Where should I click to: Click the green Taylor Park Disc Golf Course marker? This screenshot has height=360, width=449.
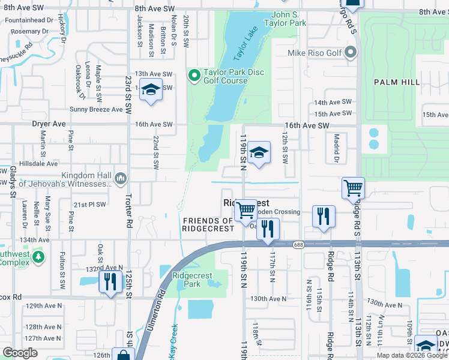pyautogui.click(x=194, y=76)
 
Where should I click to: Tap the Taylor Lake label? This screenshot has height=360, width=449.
pyautogui.click(x=245, y=43)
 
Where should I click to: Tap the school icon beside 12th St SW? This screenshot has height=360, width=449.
pyautogui.click(x=259, y=153)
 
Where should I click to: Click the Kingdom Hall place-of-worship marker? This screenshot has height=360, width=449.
pyautogui.click(x=121, y=177)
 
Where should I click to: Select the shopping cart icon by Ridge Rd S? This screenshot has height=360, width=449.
pyautogui.click(x=353, y=188)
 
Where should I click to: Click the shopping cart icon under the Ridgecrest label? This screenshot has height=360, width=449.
pyautogui.click(x=246, y=210)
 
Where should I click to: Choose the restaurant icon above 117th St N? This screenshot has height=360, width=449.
pyautogui.click(x=268, y=228)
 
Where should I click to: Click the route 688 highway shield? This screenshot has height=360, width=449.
pyautogui.click(x=298, y=244)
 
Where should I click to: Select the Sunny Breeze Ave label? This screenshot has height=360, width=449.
pyautogui.click(x=96, y=109)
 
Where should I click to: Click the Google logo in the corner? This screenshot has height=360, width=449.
pyautogui.click(x=20, y=352)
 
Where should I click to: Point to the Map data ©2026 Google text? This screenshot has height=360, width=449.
pyautogui.click(x=411, y=355)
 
